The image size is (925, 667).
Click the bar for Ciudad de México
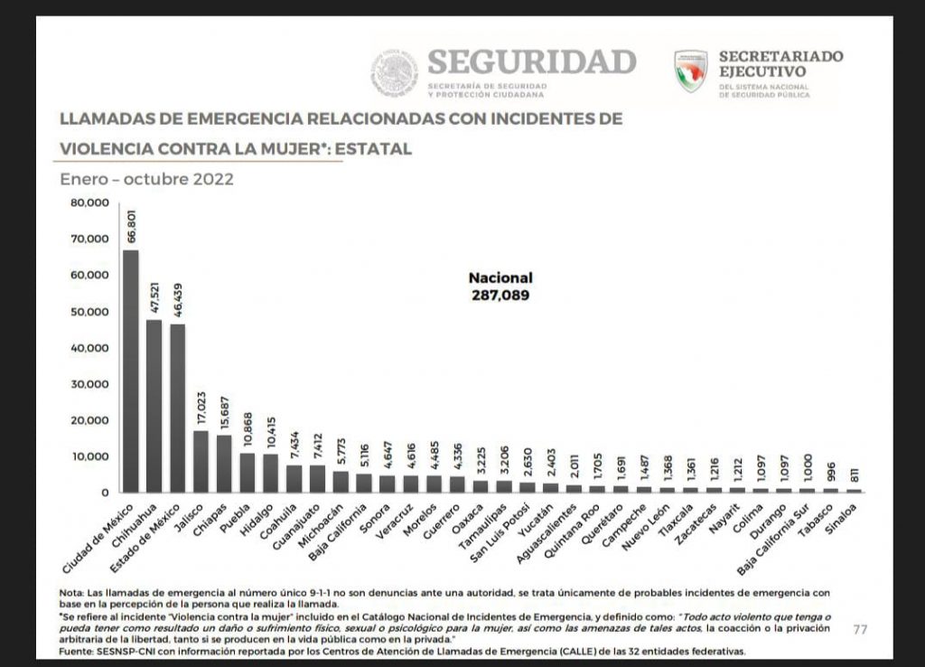130,371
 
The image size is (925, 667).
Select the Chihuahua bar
154,406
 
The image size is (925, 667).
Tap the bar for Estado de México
177,408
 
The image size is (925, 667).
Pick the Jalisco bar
201,461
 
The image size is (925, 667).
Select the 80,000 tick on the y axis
89,203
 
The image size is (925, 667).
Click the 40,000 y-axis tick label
89,348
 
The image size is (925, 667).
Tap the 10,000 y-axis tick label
89,456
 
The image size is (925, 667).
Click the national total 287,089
500,295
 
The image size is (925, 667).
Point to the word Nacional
500,278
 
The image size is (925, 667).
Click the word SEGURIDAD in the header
531,62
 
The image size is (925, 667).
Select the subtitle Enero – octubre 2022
146,179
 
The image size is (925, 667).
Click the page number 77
860,629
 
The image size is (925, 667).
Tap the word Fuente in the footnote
76,651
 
